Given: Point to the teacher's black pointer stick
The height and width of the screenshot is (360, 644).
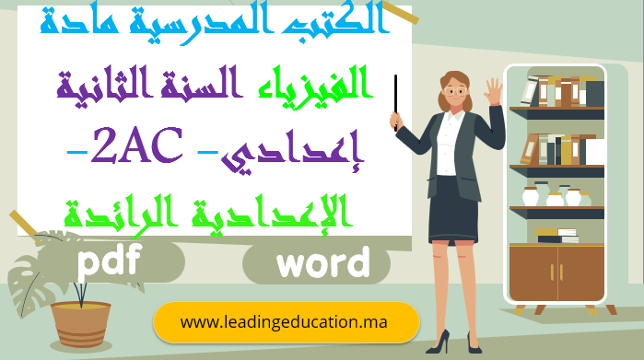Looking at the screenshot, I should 397,101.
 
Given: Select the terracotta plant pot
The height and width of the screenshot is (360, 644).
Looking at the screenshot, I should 80,323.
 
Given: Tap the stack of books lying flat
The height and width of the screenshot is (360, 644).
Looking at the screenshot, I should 558,236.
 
